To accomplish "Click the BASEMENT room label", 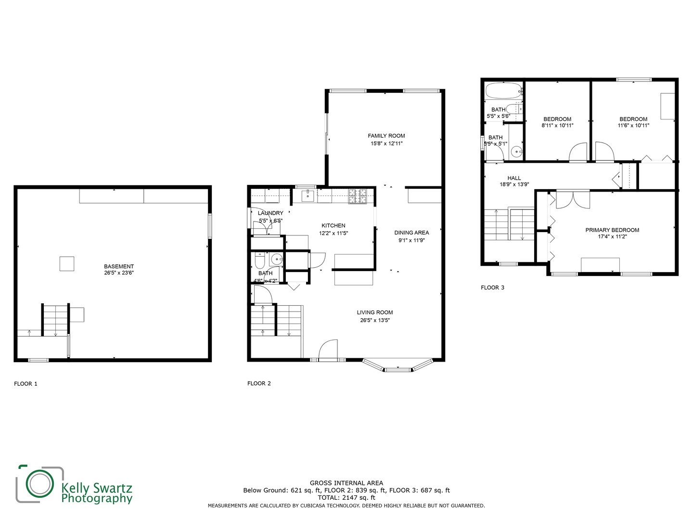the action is click(119, 266).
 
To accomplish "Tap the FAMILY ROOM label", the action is click(386, 136).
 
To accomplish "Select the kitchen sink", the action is click(308, 195).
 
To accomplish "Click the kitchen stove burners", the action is click(358, 196).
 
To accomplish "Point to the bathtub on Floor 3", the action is click(503, 91).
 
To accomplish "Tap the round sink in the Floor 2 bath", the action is click(277, 260).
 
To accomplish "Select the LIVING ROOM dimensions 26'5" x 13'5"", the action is click(375, 320).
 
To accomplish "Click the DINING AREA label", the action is click(411, 233).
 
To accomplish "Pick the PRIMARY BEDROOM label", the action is click(612, 230).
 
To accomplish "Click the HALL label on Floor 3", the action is click(514, 178).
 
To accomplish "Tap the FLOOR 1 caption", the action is click(26, 384).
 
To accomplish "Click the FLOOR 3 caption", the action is click(492, 287).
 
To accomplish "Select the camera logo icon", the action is click(40, 483).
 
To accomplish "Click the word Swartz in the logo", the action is click(113, 488).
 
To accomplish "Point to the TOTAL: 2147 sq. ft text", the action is click(346, 498).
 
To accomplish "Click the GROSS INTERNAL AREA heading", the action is click(346, 483).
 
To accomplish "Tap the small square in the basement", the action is click(67, 264).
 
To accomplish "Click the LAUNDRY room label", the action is click(270, 213).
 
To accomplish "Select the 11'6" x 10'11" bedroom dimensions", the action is click(633, 125).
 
